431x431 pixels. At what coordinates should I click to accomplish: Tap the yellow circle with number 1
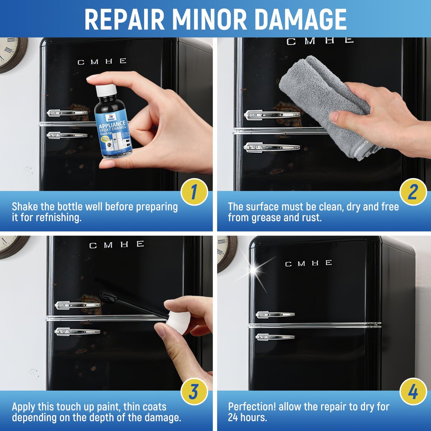point(194,192)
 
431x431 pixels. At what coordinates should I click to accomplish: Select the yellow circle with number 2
point(413,192)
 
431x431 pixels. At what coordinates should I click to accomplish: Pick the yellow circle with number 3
point(194,392)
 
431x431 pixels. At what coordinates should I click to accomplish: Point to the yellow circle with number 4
point(413,392)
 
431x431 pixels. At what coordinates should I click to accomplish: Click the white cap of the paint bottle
point(105,90)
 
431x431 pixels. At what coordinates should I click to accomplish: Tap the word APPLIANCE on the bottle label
point(112,124)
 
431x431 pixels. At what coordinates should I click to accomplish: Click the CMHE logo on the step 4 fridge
point(308,263)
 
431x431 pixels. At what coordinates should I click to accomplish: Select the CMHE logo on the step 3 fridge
point(117,245)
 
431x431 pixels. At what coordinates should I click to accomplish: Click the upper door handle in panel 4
point(275,314)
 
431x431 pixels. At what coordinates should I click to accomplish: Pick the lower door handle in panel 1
point(67,135)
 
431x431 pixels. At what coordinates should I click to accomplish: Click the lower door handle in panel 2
point(271,147)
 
